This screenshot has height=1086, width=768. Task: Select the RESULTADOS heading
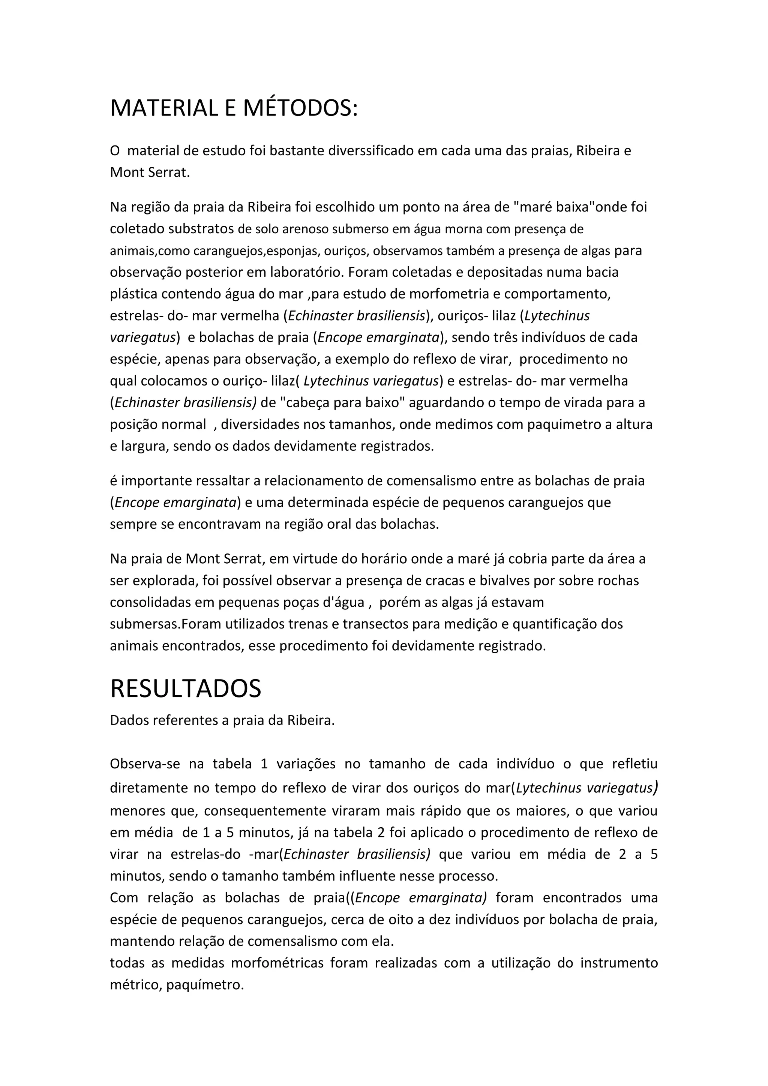tap(185, 688)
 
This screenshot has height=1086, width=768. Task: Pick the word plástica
tap(133, 294)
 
